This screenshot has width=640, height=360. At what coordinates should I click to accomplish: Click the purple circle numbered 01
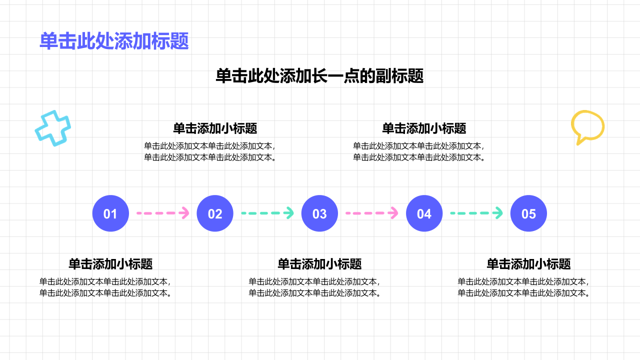pyautogui.click(x=110, y=213)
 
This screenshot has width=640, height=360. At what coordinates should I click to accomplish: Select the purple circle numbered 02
pyautogui.click(x=215, y=213)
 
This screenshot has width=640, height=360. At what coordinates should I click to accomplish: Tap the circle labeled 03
pyautogui.click(x=319, y=213)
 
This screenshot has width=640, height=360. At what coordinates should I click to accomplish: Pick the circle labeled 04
pyautogui.click(x=424, y=213)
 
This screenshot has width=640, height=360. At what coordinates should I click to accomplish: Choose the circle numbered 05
pyautogui.click(x=528, y=213)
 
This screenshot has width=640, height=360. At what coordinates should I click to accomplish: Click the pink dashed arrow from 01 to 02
pyautogui.click(x=163, y=213)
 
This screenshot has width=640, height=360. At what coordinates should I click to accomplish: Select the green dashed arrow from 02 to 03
pyautogui.click(x=267, y=213)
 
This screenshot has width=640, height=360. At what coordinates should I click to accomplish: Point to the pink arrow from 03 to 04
pyautogui.click(x=372, y=213)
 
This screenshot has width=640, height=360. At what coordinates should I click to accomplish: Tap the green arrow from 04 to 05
pyautogui.click(x=476, y=213)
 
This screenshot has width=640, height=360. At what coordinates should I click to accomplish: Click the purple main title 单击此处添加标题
pyautogui.click(x=114, y=41)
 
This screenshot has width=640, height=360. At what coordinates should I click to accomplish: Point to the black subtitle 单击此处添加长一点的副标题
pyautogui.click(x=319, y=76)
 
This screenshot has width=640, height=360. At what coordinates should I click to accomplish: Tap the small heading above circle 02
pyautogui.click(x=215, y=128)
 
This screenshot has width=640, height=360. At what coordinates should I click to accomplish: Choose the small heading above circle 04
pyautogui.click(x=424, y=128)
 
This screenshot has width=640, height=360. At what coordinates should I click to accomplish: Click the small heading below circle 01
pyautogui.click(x=110, y=263)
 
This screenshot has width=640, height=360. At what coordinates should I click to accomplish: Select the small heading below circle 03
pyautogui.click(x=319, y=263)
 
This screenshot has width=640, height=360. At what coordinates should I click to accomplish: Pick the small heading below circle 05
pyautogui.click(x=528, y=263)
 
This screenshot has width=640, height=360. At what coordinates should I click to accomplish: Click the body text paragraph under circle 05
pyautogui.click(x=523, y=287)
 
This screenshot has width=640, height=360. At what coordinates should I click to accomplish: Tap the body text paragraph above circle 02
pyautogui.click(x=210, y=151)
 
